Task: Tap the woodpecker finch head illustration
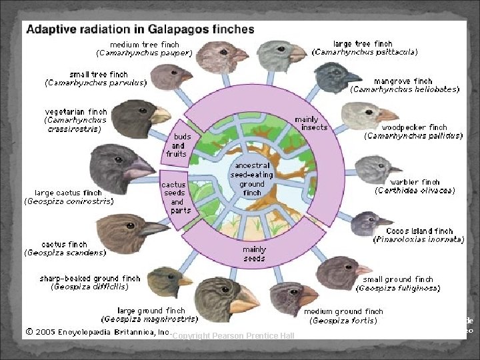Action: (359, 116)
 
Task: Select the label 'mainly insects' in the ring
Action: (311, 123)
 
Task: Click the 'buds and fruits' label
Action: (178, 145)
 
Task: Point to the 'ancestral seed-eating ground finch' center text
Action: (251, 179)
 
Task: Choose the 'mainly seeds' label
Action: (254, 253)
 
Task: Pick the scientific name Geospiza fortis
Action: (343, 320)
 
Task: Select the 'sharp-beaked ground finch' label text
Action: (89, 279)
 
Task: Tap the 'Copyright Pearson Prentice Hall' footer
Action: (233, 335)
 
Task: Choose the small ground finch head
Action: (340, 271)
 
